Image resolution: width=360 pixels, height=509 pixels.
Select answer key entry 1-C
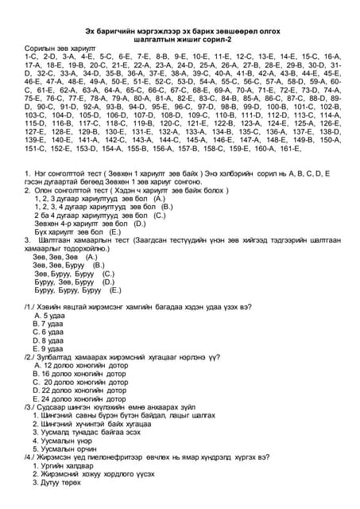(31, 58)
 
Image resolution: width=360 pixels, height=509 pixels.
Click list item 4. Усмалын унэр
(63, 441)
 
